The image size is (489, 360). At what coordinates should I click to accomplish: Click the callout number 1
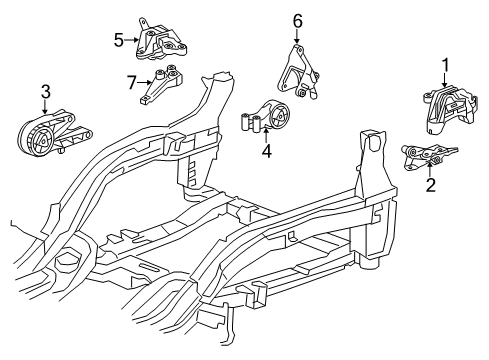tap(446, 65)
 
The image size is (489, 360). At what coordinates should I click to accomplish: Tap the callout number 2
tap(430, 183)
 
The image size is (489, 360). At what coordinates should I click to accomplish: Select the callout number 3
tap(45, 94)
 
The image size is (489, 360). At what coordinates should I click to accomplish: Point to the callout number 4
tap(266, 152)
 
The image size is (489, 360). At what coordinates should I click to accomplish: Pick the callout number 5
tap(118, 40)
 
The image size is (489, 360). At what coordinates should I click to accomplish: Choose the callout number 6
tap(297, 20)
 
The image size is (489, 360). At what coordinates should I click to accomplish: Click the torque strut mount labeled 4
tap(270, 118)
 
